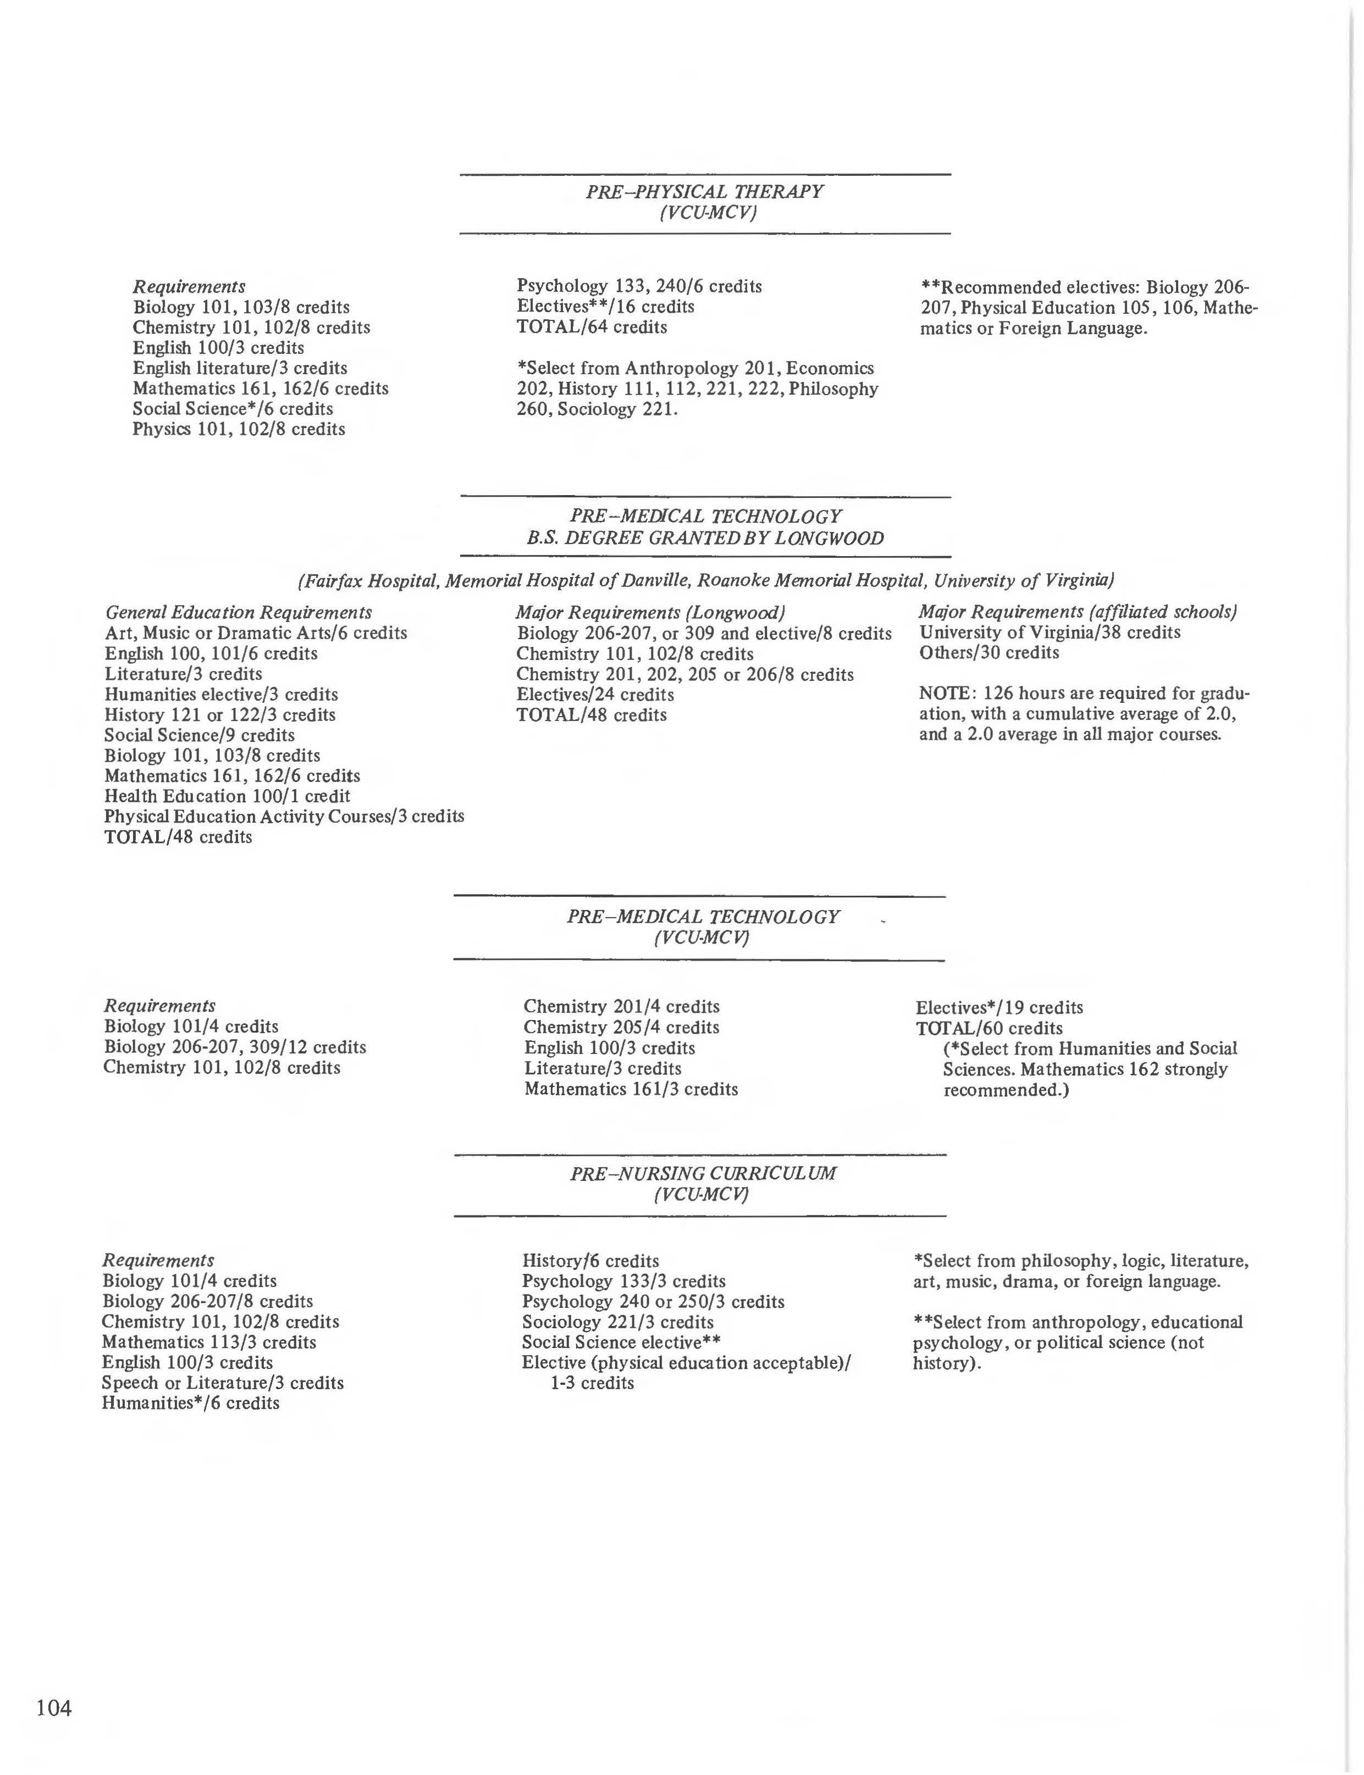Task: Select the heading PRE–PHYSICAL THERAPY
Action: (704, 192)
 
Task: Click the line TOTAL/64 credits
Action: (592, 327)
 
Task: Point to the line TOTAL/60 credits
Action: (989, 1028)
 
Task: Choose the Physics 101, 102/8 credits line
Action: (239, 429)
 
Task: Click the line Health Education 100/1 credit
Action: (228, 796)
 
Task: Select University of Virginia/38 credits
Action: (1049, 633)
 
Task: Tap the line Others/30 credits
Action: (989, 652)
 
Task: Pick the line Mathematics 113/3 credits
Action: (209, 1343)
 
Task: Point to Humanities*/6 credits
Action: (191, 1404)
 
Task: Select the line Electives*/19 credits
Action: (998, 1007)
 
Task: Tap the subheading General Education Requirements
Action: (239, 612)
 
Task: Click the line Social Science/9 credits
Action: (199, 735)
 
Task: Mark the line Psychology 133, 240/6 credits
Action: (639, 286)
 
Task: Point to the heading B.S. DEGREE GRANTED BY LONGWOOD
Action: (705, 537)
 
